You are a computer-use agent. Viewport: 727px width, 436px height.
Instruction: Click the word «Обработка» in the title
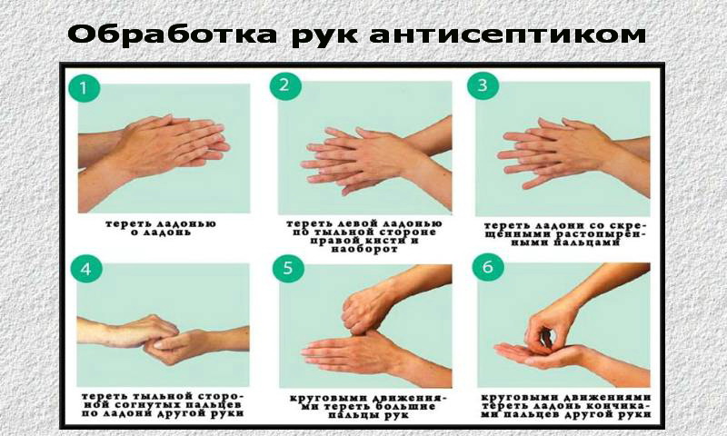coord(173,35)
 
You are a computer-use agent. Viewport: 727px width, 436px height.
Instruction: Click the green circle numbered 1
coord(84,87)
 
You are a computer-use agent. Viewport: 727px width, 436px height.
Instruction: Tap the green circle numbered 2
coord(285,84)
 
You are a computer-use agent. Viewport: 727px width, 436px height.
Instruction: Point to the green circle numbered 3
coord(483,84)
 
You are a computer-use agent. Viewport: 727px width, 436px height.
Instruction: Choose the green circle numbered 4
coord(86,268)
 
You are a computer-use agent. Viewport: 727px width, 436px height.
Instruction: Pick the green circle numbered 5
coord(288,268)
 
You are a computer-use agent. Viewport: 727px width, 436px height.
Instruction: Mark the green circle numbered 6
coord(487,267)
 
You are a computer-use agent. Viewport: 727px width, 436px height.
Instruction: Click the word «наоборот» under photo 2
coord(365,249)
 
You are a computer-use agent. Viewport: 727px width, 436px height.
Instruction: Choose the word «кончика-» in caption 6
coord(618,406)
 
